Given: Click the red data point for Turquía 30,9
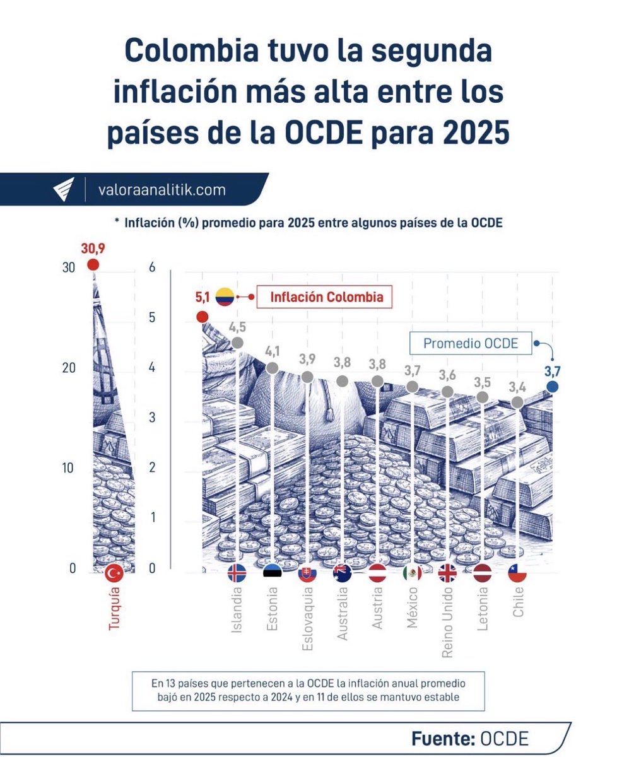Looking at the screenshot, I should click(93, 265).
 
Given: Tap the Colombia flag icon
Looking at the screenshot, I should click(225, 296).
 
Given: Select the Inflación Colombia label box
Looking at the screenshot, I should click(324, 296).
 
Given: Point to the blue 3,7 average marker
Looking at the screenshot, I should click(553, 387).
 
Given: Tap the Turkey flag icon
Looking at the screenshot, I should click(115, 573).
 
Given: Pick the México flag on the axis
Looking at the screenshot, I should click(412, 573).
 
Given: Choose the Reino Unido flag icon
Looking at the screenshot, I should click(447, 573).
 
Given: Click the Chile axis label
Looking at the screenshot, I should click(519, 602).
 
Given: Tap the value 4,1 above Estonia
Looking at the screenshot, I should click(273, 351).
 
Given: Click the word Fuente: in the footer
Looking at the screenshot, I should click(443, 739).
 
